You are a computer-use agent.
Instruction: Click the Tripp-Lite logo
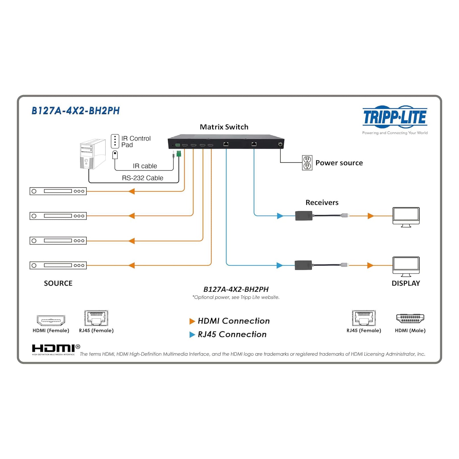pos(395,117)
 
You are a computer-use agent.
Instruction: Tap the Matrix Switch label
pos(224,127)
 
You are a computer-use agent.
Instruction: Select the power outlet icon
pos(307,163)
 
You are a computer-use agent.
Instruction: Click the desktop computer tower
pos(92,154)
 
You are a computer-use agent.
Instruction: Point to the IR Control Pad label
pos(136,142)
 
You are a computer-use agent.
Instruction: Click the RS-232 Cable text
pos(142,178)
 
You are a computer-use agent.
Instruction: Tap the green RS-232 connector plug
pos(179,154)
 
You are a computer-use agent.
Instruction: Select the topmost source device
pos(58,191)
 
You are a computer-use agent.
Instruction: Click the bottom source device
pos(58,265)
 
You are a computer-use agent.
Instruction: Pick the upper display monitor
pos(406,217)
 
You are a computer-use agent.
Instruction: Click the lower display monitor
pos(406,266)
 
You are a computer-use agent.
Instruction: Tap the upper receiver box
pos(304,216)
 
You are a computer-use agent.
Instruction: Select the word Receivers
pos(322,202)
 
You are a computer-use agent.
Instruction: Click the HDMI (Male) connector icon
pos(410,318)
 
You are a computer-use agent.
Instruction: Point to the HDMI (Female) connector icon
pos(51,320)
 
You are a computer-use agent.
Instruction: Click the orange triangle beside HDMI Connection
pos(192,321)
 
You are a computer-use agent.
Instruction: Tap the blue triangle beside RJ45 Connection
pos(192,335)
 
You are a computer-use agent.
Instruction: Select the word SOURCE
pos(58,283)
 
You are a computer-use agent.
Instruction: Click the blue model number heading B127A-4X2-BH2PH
pos(76,111)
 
